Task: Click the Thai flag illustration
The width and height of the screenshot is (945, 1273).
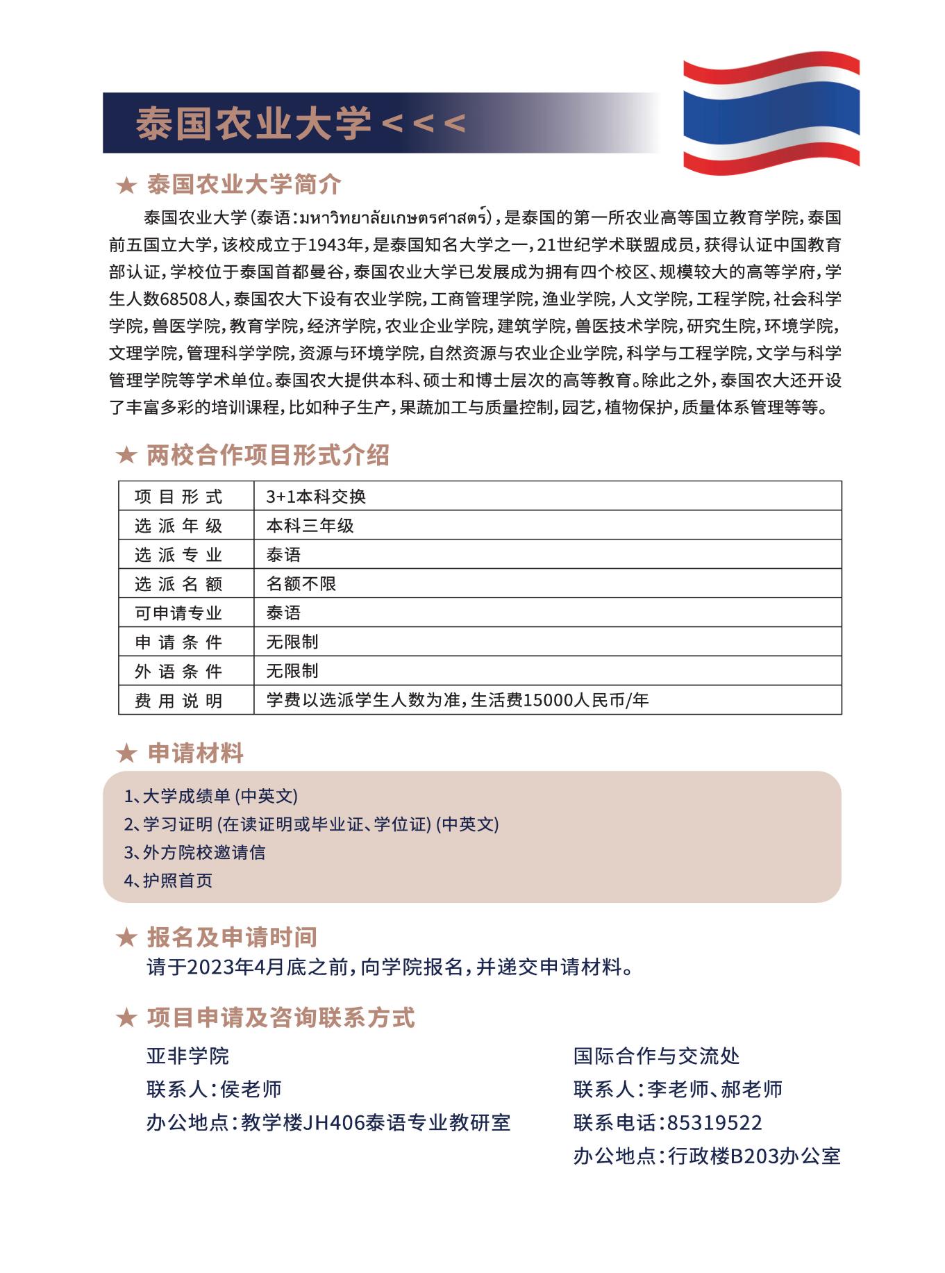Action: (x=771, y=113)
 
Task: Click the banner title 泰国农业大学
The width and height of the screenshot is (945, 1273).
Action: (x=253, y=123)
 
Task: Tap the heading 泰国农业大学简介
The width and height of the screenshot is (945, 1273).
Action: (x=244, y=185)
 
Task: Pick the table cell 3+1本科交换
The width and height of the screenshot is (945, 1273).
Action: (x=316, y=496)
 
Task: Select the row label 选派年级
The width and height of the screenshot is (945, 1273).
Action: (x=179, y=526)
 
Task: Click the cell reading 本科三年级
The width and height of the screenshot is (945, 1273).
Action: (x=310, y=526)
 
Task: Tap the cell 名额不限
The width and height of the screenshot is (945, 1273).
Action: (x=301, y=584)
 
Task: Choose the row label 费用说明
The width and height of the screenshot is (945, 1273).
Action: (x=179, y=701)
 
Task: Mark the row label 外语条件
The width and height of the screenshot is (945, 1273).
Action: (x=179, y=672)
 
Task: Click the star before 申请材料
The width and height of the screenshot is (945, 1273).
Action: (x=126, y=754)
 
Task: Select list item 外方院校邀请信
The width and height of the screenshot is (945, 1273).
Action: (x=203, y=852)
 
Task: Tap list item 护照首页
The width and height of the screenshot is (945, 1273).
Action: (x=177, y=881)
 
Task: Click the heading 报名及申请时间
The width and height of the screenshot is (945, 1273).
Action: (x=231, y=937)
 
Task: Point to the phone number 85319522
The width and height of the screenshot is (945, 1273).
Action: (x=714, y=1122)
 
